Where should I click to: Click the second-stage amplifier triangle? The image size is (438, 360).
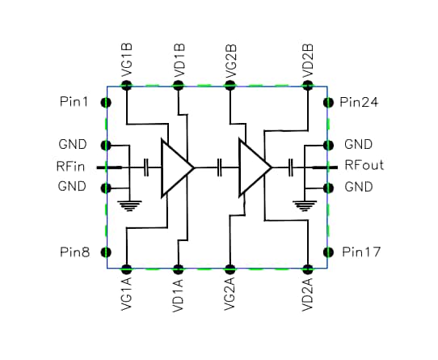tap(253, 168)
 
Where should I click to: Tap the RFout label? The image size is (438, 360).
tap(364, 166)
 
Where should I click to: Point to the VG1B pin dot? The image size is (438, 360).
tap(126, 83)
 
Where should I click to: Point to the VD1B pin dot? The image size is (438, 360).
tap(178, 83)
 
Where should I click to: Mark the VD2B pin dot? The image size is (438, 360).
tap(307, 83)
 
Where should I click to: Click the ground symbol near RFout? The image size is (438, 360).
tap(302, 204)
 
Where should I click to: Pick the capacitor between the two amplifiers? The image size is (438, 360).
tap(220, 167)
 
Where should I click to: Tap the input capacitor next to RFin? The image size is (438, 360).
tap(145, 167)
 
